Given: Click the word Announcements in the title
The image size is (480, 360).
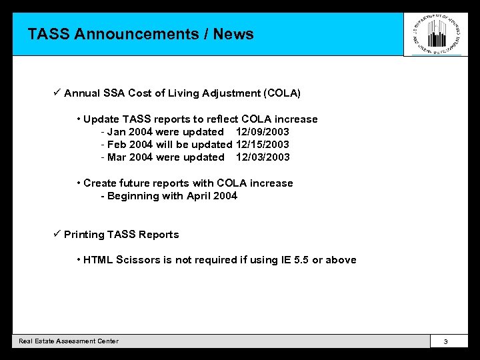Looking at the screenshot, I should [137, 34].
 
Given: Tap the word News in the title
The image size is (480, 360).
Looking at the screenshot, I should [233, 34].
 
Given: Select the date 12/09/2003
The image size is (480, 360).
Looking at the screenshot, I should [263, 132].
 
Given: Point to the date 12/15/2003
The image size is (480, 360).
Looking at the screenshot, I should [263, 145].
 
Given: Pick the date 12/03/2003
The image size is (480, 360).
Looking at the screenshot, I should [263, 157].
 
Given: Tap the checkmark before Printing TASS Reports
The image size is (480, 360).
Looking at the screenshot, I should [57, 234].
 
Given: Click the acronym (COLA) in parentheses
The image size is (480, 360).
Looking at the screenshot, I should [282, 93].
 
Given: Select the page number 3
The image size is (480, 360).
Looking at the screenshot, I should [445, 341].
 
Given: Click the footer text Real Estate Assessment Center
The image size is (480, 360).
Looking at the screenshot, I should [69, 341].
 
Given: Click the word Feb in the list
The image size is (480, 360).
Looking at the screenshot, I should [117, 145].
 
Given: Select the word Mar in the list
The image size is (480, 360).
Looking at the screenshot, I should [117, 157].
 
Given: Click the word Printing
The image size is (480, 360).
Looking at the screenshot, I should [84, 235].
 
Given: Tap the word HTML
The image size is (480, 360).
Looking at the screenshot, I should [99, 260].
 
